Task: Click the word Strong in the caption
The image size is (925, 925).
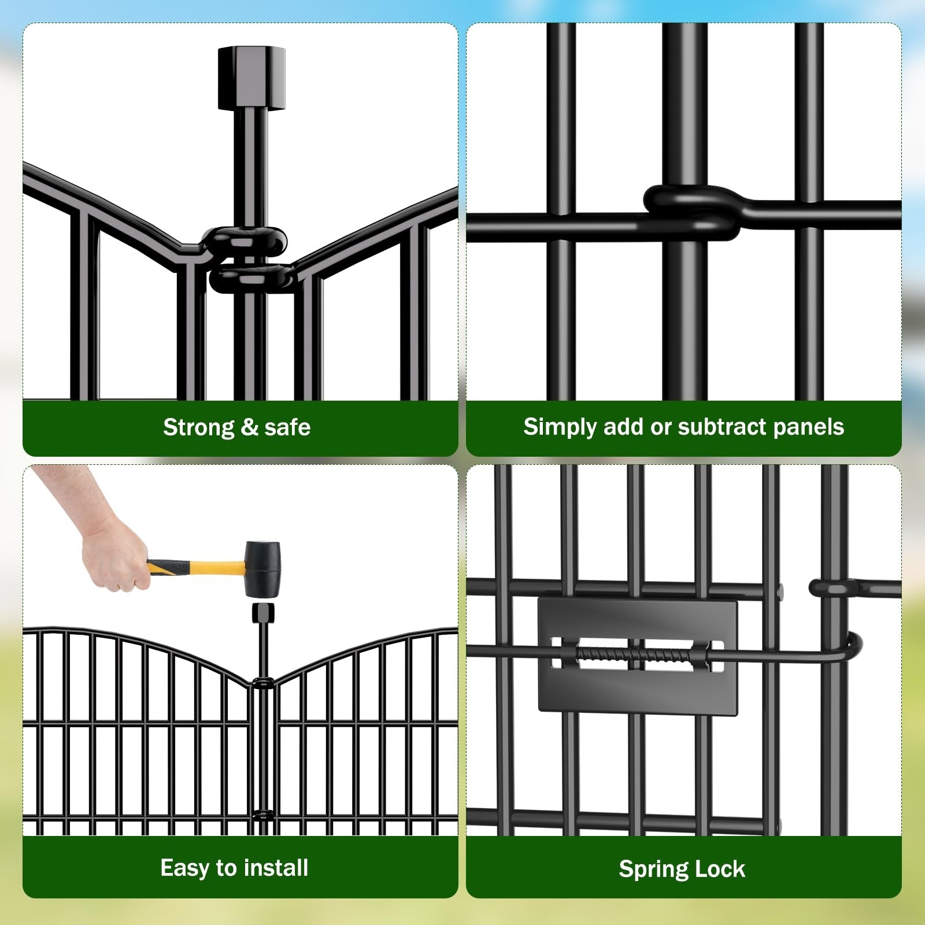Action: pos(198,428)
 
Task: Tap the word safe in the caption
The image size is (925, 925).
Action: pos(287,427)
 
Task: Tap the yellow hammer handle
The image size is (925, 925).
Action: pos(197,567)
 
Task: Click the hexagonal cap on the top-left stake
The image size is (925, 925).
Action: pos(251,78)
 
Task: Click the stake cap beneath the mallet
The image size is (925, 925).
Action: pos(263,612)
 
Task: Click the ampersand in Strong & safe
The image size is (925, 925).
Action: pos(249,428)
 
